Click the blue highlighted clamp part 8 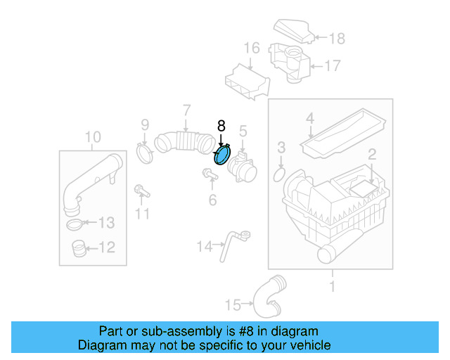pos(223,155)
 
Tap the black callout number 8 pos(221,127)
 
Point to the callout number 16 pos(252,49)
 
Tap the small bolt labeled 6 pos(209,174)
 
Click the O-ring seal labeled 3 pos(278,173)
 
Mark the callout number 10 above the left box pos(93,136)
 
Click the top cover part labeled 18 pos(293,30)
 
